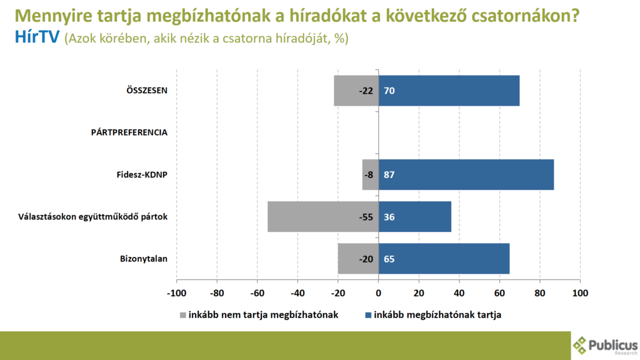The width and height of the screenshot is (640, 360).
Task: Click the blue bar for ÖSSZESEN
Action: pyautogui.click(x=449, y=91)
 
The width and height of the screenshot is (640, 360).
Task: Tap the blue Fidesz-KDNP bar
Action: pyautogui.click(x=466, y=174)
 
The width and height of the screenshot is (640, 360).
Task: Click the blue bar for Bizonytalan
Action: pyautogui.click(x=444, y=259)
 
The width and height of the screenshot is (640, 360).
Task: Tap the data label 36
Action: pyautogui.click(x=389, y=217)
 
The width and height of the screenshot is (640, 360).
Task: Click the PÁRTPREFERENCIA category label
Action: pyautogui.click(x=129, y=132)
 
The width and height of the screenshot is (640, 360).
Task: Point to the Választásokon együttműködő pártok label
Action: pyautogui.click(x=92, y=217)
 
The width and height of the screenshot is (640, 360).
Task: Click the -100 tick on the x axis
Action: pyautogui.click(x=176, y=292)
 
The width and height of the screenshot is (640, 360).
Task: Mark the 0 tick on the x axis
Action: pyautogui.click(x=379, y=292)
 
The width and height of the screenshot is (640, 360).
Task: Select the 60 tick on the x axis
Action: pyautogui.click(x=499, y=292)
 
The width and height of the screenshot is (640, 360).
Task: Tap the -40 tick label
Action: pyautogui.click(x=297, y=292)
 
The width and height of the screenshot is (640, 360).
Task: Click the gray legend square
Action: pyautogui.click(x=183, y=315)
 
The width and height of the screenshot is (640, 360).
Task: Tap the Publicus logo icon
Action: pyautogui.click(x=581, y=344)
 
